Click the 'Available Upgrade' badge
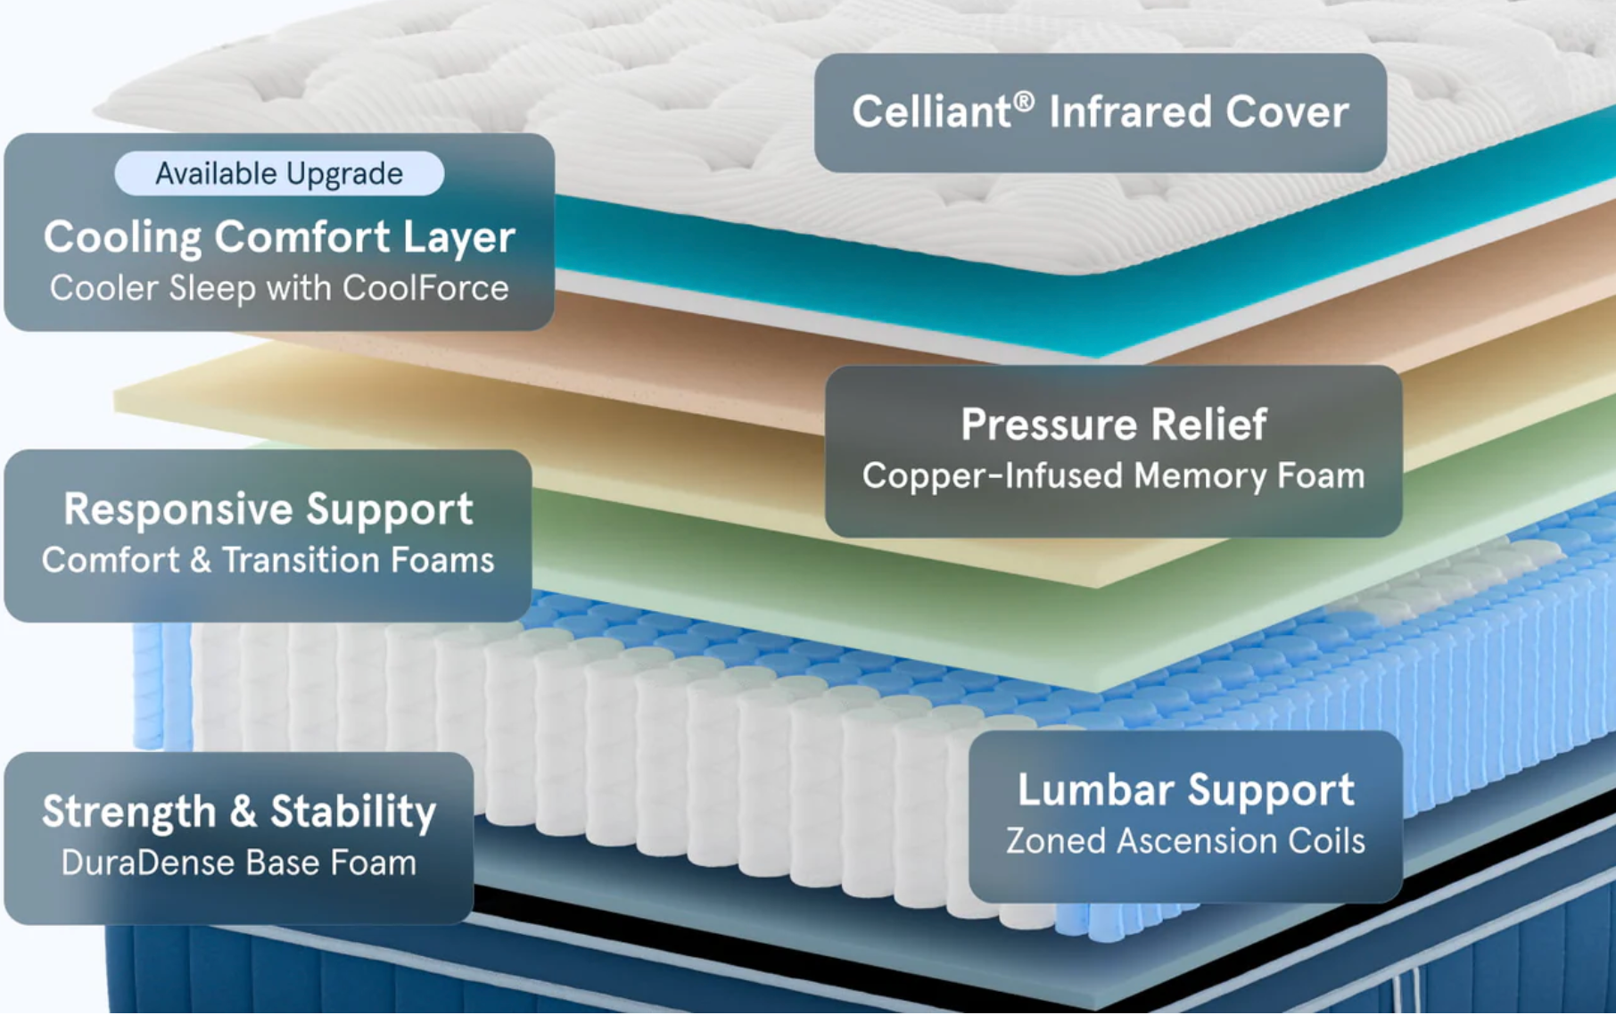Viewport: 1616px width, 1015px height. [x=279, y=173]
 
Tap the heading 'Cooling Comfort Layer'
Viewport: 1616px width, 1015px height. [x=279, y=237]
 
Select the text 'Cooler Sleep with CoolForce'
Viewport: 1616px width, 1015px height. [x=279, y=288]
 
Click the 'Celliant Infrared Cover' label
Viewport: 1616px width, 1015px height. [x=1101, y=112]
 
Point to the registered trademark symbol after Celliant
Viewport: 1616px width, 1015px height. [x=1024, y=102]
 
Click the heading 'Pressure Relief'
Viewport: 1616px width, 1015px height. [x=1114, y=424]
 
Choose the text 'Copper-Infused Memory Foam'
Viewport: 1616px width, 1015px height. [x=1114, y=475]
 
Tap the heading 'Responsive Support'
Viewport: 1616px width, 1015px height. [x=268, y=509]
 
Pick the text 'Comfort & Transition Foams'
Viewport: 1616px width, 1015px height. [x=268, y=560]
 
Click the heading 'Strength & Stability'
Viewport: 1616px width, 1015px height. [x=239, y=812]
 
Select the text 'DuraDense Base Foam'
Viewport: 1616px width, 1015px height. [x=239, y=862]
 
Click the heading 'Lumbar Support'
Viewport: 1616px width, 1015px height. [x=1186, y=790]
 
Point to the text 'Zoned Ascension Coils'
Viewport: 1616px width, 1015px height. [x=1186, y=841]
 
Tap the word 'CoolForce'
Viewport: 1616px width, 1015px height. [x=425, y=288]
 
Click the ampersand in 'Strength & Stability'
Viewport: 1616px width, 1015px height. [x=243, y=812]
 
